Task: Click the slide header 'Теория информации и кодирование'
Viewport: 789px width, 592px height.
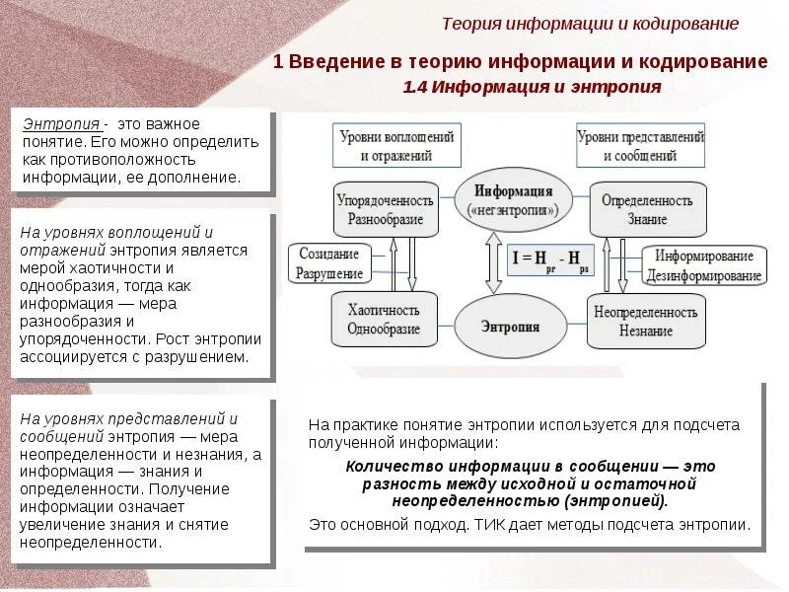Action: (590, 24)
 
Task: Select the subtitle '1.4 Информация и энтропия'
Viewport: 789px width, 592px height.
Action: (532, 87)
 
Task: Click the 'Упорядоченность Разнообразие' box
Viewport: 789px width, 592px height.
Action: (385, 209)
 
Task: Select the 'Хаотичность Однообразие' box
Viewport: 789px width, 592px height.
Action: (384, 320)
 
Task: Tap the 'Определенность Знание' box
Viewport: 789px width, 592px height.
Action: (647, 209)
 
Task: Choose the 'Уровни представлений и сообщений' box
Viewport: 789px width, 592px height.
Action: (641, 146)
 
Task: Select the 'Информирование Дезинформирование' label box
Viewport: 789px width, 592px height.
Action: (704, 264)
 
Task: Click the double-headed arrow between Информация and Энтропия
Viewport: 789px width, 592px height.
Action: (488, 262)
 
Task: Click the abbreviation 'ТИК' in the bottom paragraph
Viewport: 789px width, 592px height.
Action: (471, 525)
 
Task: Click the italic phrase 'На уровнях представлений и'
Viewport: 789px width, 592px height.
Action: (129, 418)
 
